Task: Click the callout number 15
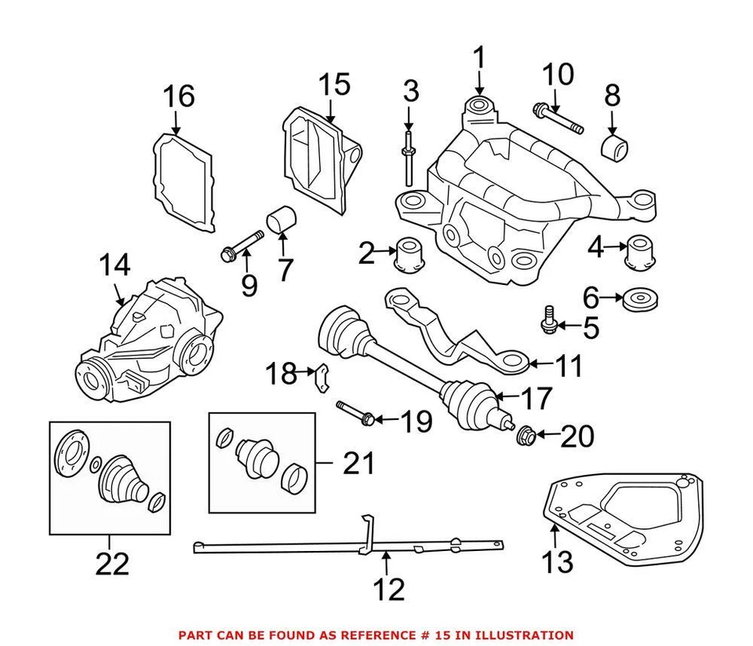334,86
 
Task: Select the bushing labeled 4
639,253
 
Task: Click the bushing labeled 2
410,254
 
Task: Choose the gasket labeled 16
182,182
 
